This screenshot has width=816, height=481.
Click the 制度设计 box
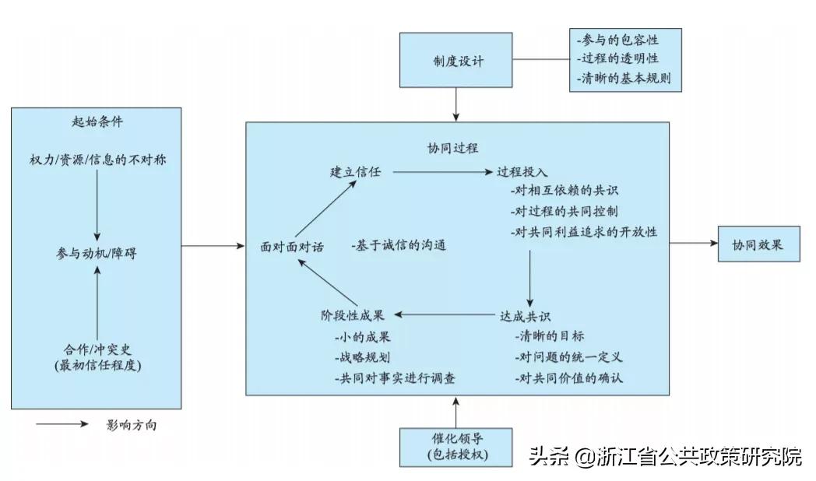(455, 60)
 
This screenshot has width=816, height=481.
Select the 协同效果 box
(758, 244)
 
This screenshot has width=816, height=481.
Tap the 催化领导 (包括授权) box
(457, 446)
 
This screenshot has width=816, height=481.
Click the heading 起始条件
(97, 122)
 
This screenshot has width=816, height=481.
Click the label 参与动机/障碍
(97, 253)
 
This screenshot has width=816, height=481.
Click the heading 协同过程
(452, 147)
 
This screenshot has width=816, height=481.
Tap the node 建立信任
(355, 172)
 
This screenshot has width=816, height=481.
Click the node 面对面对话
(292, 246)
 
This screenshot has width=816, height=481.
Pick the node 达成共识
(525, 316)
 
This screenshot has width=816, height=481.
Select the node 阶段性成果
(353, 316)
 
